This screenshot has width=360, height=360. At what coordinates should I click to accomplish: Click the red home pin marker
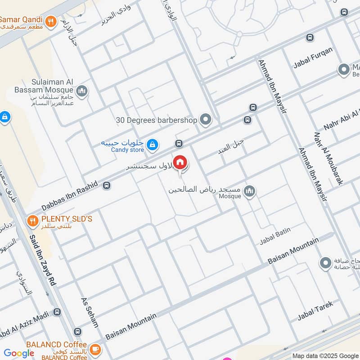click(180, 162)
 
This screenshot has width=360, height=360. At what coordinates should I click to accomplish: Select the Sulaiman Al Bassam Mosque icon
click(81, 92)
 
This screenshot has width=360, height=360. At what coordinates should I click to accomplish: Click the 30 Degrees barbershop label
click(156, 120)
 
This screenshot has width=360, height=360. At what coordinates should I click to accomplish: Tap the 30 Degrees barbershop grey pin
click(206, 120)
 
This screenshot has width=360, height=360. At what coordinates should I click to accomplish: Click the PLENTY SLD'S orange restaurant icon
click(32, 220)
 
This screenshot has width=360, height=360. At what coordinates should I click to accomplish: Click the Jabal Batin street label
click(275, 236)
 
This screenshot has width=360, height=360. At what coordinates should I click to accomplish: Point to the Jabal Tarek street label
click(315, 311)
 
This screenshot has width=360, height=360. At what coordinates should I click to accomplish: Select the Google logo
click(19, 353)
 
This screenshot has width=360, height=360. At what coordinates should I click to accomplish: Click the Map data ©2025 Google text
click(325, 355)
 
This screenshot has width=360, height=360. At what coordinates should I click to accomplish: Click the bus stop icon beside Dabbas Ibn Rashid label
click(107, 185)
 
